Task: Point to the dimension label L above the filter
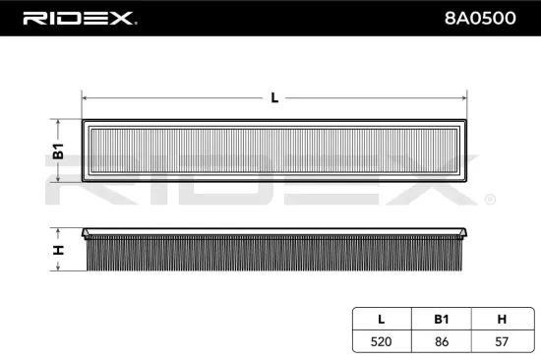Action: click(x=273, y=96)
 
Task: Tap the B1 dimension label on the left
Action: click(x=58, y=151)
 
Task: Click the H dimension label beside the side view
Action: click(x=58, y=250)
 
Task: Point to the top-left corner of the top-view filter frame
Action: click(x=85, y=121)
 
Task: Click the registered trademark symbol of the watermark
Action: click(x=489, y=200)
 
